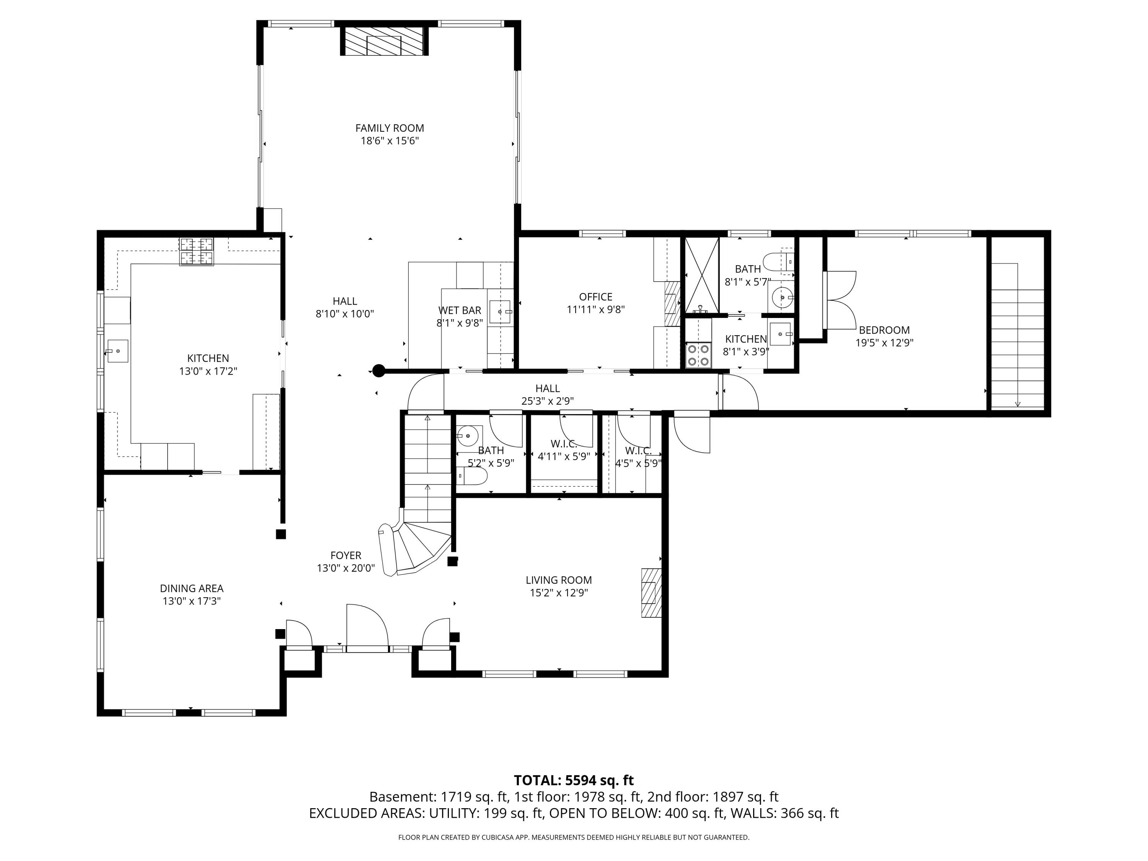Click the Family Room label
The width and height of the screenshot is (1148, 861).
(x=389, y=128)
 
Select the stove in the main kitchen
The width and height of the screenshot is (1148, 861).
(x=196, y=251)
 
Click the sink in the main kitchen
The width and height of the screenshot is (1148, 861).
(x=117, y=351)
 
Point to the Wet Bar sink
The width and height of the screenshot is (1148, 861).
(x=500, y=311)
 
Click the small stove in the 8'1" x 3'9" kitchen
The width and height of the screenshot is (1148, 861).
(x=698, y=355)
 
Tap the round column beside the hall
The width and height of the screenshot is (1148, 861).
(x=379, y=370)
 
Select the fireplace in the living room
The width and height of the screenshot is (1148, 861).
(x=651, y=593)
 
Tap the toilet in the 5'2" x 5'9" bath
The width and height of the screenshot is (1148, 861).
(x=472, y=476)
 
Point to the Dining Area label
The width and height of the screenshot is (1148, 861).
(x=191, y=589)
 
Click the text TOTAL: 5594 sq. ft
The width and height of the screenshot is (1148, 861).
(x=574, y=780)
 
